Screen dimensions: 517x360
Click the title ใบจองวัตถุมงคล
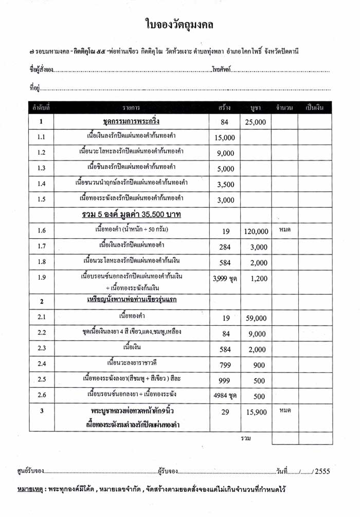click(x=179, y=24)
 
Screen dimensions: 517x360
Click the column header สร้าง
click(x=224, y=108)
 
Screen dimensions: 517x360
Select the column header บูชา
click(x=256, y=108)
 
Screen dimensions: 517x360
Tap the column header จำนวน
click(x=284, y=108)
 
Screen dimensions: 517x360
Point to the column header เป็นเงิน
click(x=314, y=108)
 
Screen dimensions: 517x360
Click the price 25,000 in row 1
click(x=256, y=122)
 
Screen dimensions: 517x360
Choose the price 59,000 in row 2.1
click(x=256, y=318)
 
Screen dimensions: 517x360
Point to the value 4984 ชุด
click(x=224, y=396)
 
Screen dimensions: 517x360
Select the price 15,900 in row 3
click(x=256, y=413)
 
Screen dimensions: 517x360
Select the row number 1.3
click(x=42, y=168)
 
